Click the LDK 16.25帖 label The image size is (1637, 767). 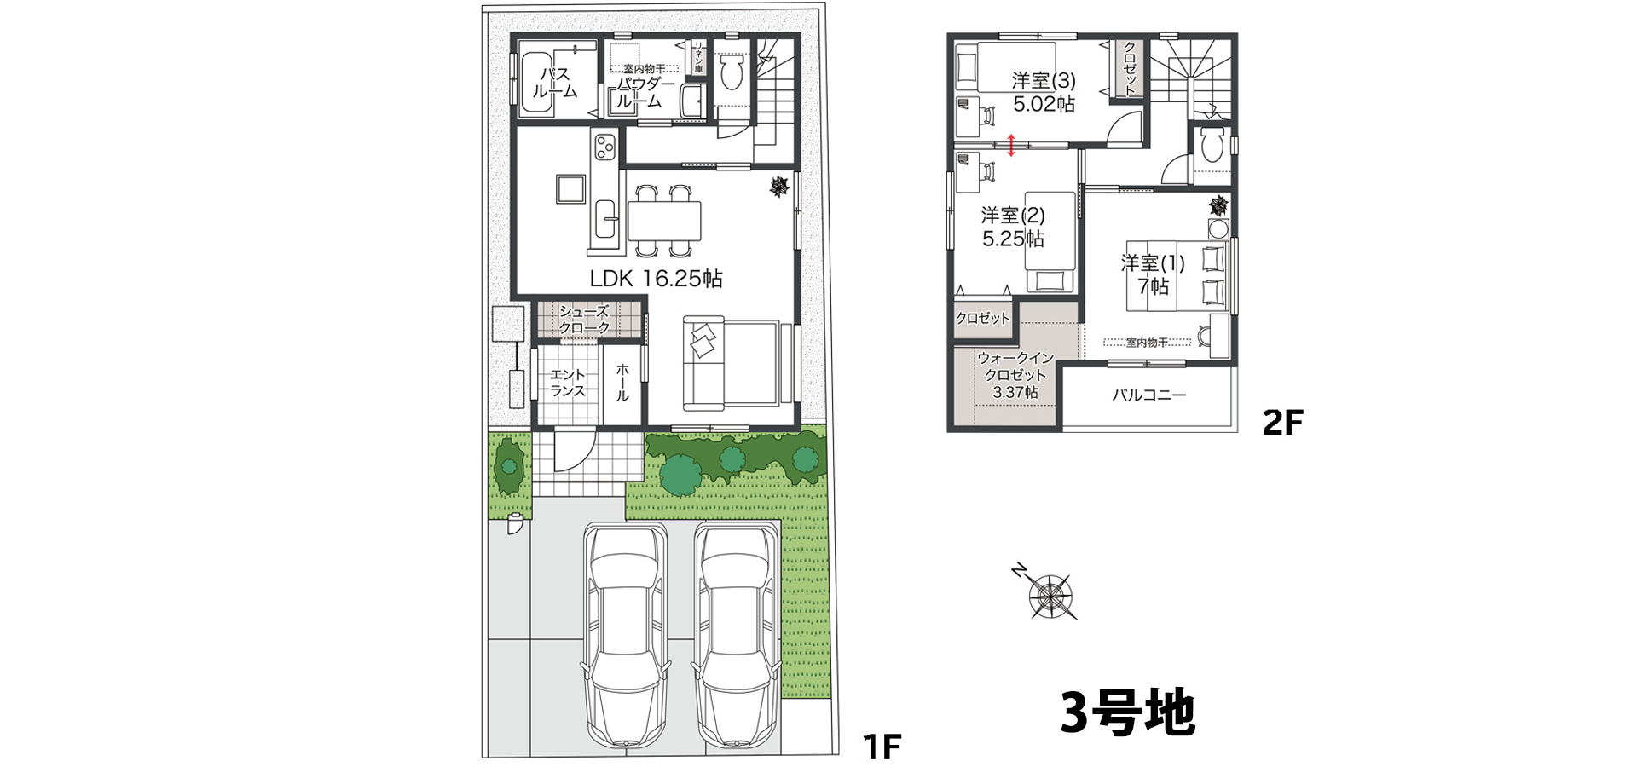click(656, 279)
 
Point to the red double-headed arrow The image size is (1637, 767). click(1011, 145)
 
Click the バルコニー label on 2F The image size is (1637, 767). click(1148, 395)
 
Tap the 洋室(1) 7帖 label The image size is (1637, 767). click(1152, 274)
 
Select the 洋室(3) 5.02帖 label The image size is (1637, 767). click(1044, 92)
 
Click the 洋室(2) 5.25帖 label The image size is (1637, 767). click(1013, 227)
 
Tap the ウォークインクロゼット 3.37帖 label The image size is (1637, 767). click(1015, 375)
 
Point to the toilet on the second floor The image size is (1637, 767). click(1211, 147)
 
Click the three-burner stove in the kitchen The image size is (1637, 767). click(604, 147)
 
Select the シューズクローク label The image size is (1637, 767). click(585, 320)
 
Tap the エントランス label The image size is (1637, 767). click(567, 383)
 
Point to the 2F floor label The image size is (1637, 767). click(1282, 423)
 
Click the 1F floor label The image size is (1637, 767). click(882, 747)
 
